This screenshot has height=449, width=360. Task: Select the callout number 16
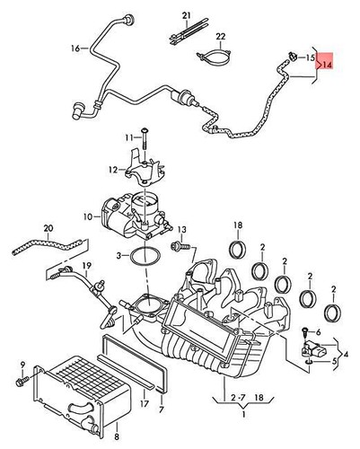coord(75,48)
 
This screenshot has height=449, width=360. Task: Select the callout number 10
coord(113,216)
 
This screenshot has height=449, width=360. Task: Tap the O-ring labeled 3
coord(136,259)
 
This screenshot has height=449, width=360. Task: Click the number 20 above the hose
coord(48,230)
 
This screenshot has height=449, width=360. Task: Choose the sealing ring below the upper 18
coord(238,248)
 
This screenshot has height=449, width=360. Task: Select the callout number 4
coord(346,340)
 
